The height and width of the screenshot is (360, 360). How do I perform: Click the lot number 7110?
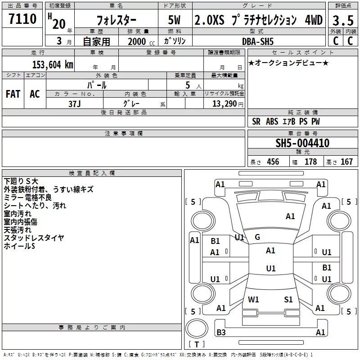22,20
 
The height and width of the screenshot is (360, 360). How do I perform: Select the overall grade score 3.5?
342,21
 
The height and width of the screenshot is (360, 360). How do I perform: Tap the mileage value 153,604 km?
52,64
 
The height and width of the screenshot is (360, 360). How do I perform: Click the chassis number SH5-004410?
302,144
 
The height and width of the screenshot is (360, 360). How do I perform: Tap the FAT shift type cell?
13,94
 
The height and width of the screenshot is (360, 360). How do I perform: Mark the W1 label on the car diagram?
254,299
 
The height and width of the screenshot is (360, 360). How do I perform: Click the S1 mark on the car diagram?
288,299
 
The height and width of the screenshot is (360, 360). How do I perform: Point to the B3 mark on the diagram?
221,333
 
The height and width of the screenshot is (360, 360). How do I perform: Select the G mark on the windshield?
257,237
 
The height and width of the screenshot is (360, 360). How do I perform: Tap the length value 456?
273,162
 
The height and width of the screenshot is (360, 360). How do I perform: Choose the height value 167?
346,162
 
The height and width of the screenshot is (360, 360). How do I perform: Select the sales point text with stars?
288,63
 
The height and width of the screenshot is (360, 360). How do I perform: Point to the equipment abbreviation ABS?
272,121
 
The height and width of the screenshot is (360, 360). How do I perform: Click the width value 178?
310,162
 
